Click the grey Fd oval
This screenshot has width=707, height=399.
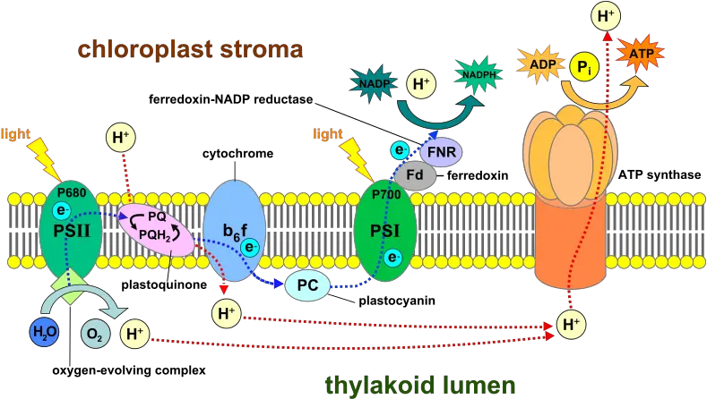(x=417, y=174)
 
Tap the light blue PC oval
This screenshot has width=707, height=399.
(x=307, y=285)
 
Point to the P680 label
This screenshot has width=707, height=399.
(x=72, y=191)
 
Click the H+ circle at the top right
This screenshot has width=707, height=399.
(x=607, y=14)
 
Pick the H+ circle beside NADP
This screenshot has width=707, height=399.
(x=419, y=85)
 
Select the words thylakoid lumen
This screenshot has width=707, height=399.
(x=419, y=385)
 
